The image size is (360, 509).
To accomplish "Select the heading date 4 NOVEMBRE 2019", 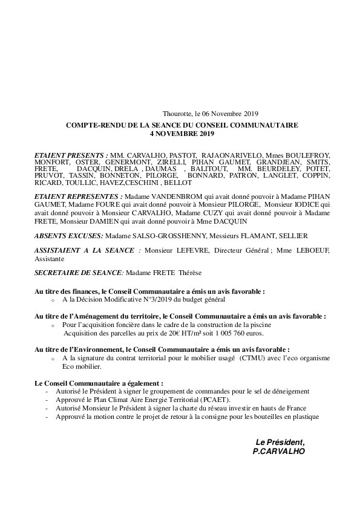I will (x=182, y=133).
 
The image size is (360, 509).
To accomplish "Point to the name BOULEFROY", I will (x=309, y=155).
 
